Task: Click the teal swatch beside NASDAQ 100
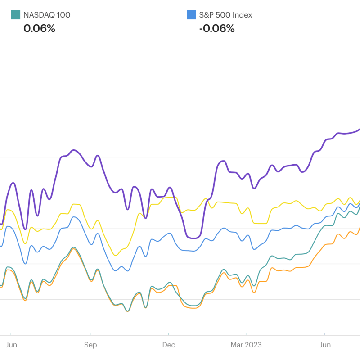coord(16,15)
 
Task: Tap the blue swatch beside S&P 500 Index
coord(191,15)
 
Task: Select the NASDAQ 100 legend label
coord(47,15)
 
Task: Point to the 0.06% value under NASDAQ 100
coord(39,28)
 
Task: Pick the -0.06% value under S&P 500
coord(217,28)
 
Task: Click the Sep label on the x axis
coord(90,345)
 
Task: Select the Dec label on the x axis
coord(169,345)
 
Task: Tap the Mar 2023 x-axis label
coord(246,345)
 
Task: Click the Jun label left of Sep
coord(11,345)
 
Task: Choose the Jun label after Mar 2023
coord(325,345)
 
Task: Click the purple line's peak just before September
coord(74,150)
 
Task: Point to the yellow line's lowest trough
coord(115,255)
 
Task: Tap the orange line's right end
coord(359,228)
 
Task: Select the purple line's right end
coord(359,130)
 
